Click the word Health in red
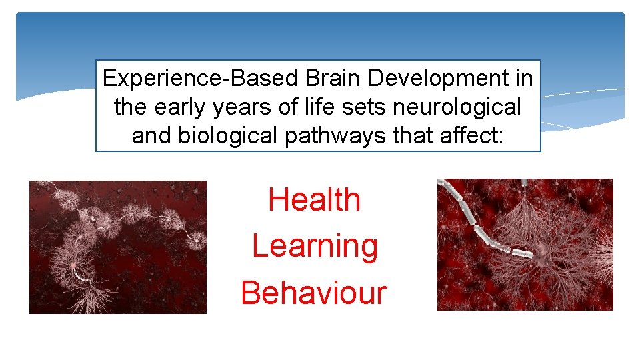coord(314,200)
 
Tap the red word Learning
coord(315,247)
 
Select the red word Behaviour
coord(313,293)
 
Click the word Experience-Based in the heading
coord(201,79)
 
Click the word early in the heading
coord(175,107)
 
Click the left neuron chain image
coord(118,247)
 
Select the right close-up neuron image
coord(525,244)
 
